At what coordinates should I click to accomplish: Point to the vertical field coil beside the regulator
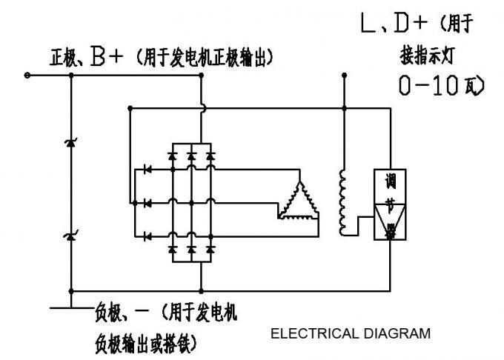(343, 201)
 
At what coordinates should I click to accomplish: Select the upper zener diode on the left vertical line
(71, 141)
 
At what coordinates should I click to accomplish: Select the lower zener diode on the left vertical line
(71, 236)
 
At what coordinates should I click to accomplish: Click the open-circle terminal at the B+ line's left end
(28, 75)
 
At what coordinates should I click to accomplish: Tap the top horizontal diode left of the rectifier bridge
(148, 170)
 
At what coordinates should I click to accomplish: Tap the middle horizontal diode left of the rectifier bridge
(148, 202)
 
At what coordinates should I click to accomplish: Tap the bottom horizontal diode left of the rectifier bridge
(148, 236)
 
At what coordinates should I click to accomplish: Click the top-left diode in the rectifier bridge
(173, 156)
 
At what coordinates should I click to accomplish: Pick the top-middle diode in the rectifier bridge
(192, 156)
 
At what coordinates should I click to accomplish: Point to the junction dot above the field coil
(344, 108)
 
